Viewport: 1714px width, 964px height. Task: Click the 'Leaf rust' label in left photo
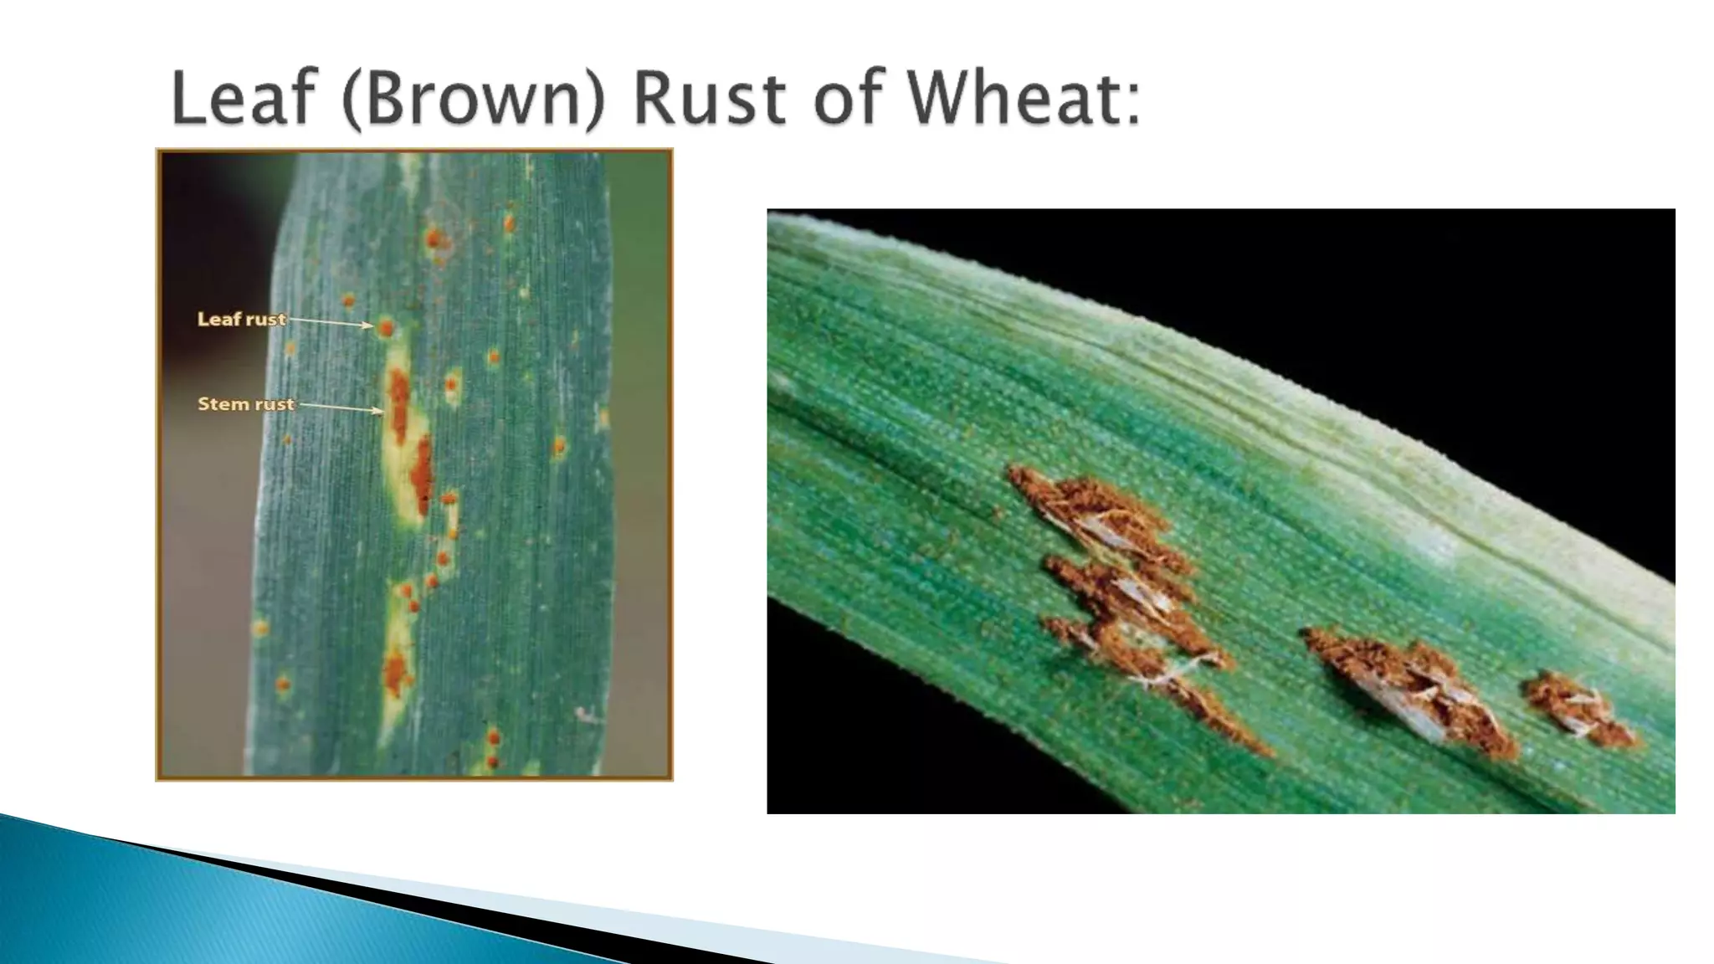click(x=241, y=319)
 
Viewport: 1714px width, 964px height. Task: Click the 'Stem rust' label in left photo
click(x=246, y=404)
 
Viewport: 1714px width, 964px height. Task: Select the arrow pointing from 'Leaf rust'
click(x=330, y=322)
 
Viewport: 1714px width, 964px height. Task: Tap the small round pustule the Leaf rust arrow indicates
click(x=385, y=328)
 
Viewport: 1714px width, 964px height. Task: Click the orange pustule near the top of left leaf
click(x=433, y=240)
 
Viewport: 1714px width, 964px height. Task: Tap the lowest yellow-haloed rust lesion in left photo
click(x=395, y=669)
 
